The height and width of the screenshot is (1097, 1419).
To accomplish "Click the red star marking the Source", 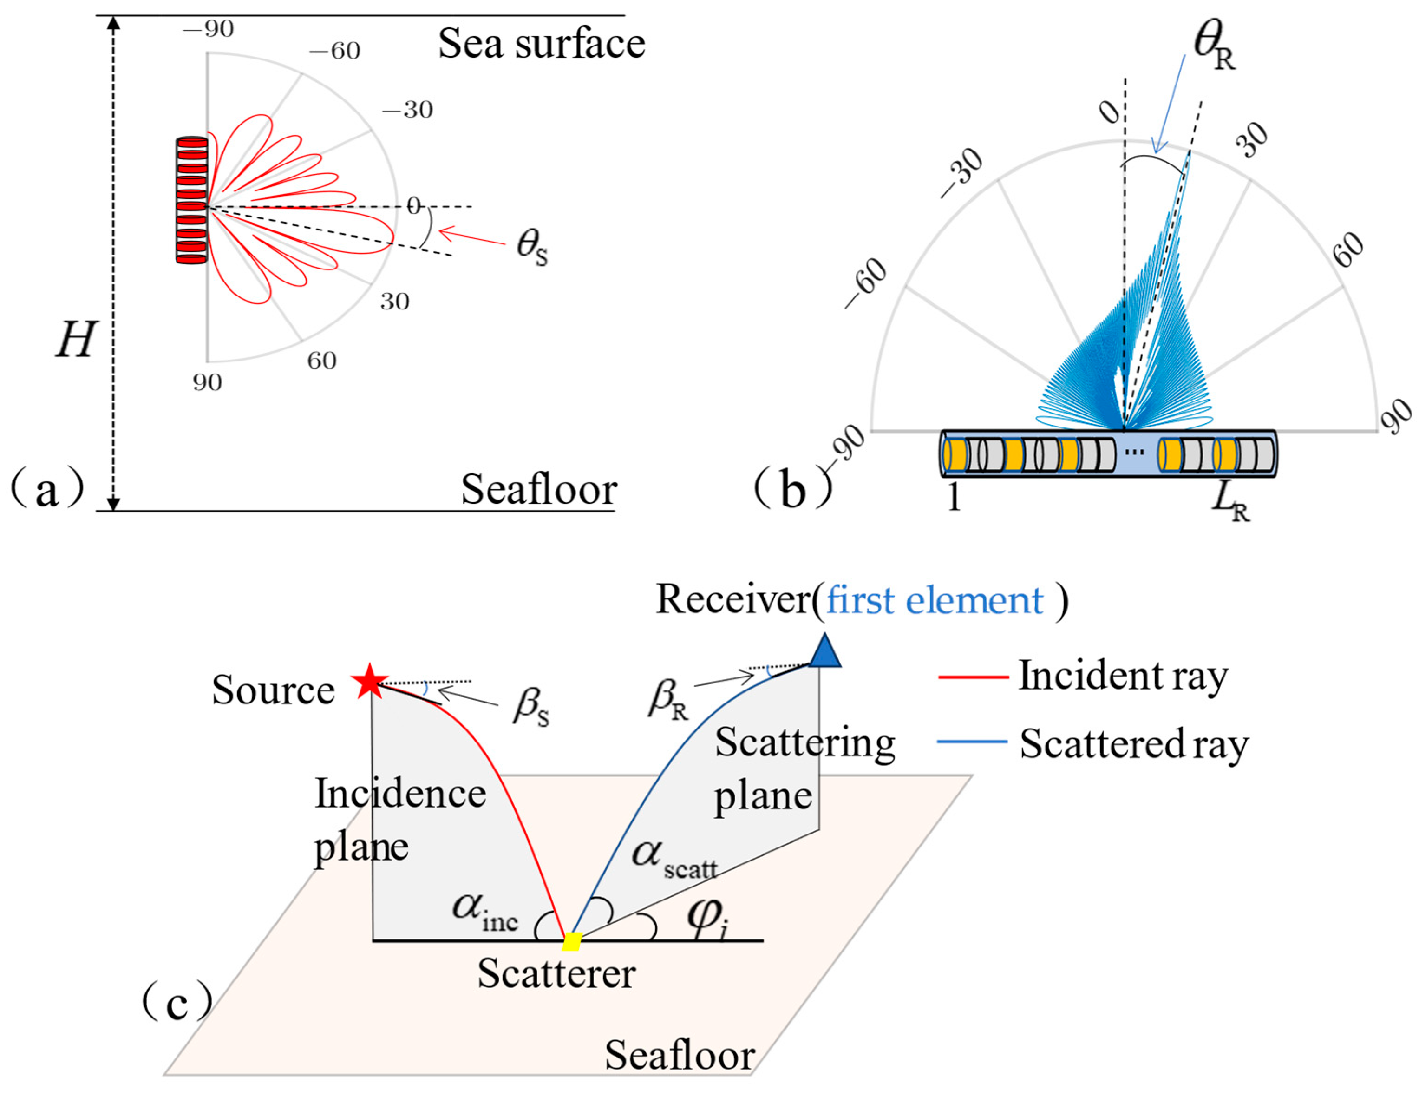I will pos(370,682).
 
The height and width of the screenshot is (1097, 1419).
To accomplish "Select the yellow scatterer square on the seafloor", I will pos(571,941).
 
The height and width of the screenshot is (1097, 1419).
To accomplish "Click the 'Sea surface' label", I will pos(541,44).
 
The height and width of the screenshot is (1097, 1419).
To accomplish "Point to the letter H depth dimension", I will pos(75,340).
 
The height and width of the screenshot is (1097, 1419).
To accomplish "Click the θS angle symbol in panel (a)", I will pos(531,249).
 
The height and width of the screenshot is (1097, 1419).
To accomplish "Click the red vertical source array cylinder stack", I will pos(192,200).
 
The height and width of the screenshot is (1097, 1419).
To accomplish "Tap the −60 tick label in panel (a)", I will pos(334,51).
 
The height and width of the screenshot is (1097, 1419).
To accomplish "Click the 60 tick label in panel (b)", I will pos(1349,250).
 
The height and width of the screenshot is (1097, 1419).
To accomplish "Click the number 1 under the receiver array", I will pos(954,499).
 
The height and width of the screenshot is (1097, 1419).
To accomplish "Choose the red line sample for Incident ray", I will pos(973,677).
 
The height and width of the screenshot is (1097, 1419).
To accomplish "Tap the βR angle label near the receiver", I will pos(668,700).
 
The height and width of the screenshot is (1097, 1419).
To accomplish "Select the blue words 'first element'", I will pos(934,600).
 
